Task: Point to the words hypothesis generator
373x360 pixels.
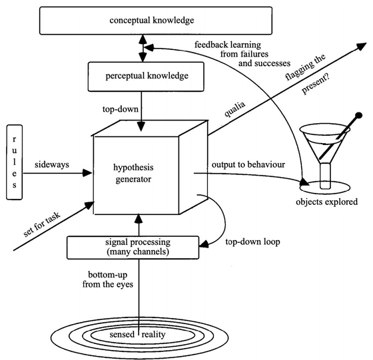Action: coord(133,173)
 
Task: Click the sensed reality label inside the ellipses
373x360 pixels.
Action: coord(137,335)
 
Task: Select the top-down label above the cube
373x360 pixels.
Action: coord(121,109)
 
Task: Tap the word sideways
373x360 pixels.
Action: coord(52,164)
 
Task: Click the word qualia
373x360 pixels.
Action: coord(234,109)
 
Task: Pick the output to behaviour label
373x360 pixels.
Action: coord(248,164)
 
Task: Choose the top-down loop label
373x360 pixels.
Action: coord(252,242)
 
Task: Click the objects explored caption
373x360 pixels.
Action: coord(326,202)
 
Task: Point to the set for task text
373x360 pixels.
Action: coord(42,224)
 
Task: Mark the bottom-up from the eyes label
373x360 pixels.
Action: coord(108,279)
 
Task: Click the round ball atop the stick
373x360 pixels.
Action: coord(359,116)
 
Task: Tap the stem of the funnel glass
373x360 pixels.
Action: coord(325,176)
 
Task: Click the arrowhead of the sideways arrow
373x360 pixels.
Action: coord(87,173)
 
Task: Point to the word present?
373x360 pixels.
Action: coord(316,85)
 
